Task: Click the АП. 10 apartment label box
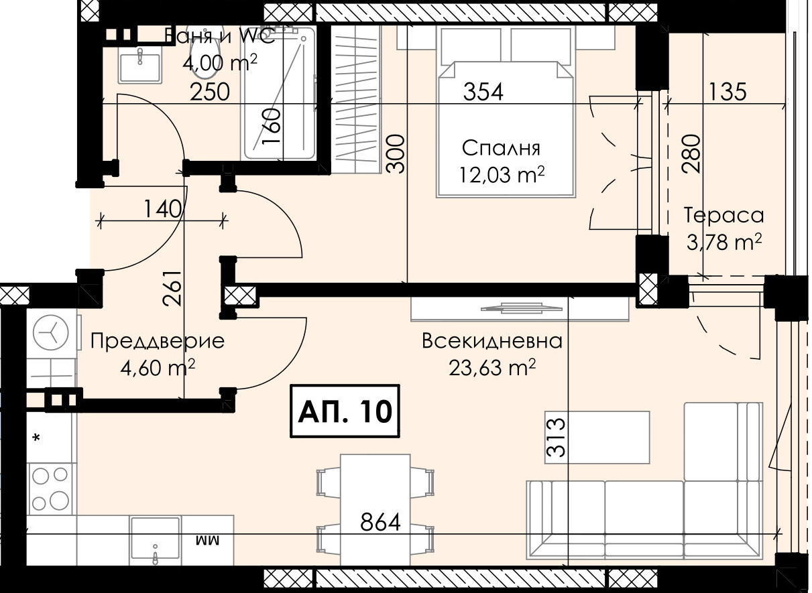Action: click(345, 411)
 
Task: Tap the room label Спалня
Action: click(502, 149)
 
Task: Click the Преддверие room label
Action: click(158, 342)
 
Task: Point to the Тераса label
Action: click(723, 216)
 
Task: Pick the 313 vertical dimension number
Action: click(556, 438)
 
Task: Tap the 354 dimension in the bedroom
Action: click(483, 92)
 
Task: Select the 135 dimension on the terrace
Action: click(727, 92)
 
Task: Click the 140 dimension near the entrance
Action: click(162, 209)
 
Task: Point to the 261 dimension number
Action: click(172, 288)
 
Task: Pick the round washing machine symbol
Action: click(50, 333)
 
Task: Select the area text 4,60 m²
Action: click(158, 368)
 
